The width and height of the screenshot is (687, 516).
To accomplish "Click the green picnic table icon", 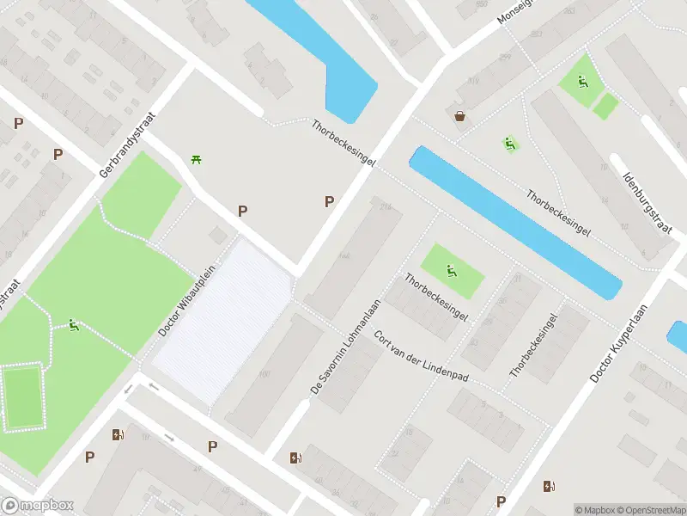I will tap(196, 159).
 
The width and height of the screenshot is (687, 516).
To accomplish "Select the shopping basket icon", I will tap(460, 116).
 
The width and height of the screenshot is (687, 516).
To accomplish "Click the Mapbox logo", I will tap(38, 506).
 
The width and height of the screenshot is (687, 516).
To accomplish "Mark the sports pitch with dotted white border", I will tap(23, 397).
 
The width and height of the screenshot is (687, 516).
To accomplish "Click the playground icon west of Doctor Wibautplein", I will tap(74, 325).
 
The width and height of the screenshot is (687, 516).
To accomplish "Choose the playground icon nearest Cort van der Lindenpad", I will tap(452, 273).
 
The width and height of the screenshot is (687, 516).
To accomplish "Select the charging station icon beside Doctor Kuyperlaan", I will tap(549, 486).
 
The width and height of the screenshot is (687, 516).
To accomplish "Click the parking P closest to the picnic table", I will tap(242, 211).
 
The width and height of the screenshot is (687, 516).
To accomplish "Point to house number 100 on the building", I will tap(263, 374).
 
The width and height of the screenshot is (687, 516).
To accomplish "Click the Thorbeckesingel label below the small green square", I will tap(436, 298).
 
